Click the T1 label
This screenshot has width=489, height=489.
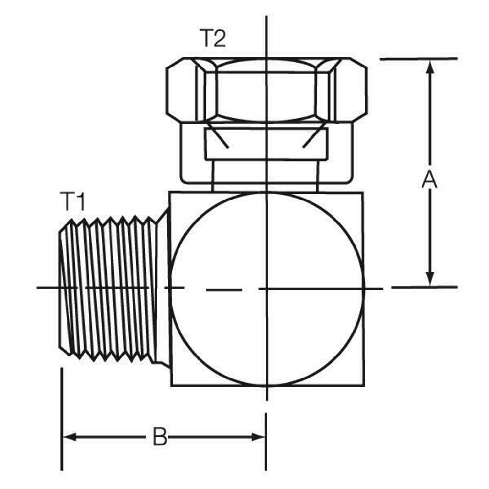[x=72, y=201]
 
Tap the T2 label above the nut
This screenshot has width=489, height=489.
[x=213, y=39]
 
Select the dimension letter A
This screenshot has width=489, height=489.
[x=429, y=179]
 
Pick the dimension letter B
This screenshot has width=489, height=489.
[x=159, y=437]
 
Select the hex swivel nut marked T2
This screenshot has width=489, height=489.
[x=266, y=90]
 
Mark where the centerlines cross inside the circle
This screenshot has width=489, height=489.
[x=267, y=289]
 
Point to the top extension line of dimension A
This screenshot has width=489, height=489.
[x=418, y=59]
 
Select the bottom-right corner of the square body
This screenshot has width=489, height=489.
[x=363, y=385]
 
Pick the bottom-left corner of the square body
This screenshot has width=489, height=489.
[x=171, y=385]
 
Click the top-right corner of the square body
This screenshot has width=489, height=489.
[x=363, y=192]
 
